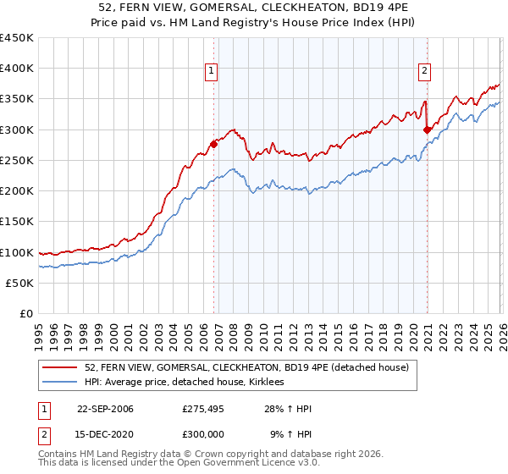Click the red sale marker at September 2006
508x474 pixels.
tap(213, 144)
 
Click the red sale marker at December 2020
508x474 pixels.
tap(426, 130)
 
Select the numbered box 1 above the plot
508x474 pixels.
tap(210, 71)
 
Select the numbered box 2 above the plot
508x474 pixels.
tap(423, 71)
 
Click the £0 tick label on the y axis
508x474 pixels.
tap(27, 313)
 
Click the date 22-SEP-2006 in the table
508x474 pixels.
tap(105, 409)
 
